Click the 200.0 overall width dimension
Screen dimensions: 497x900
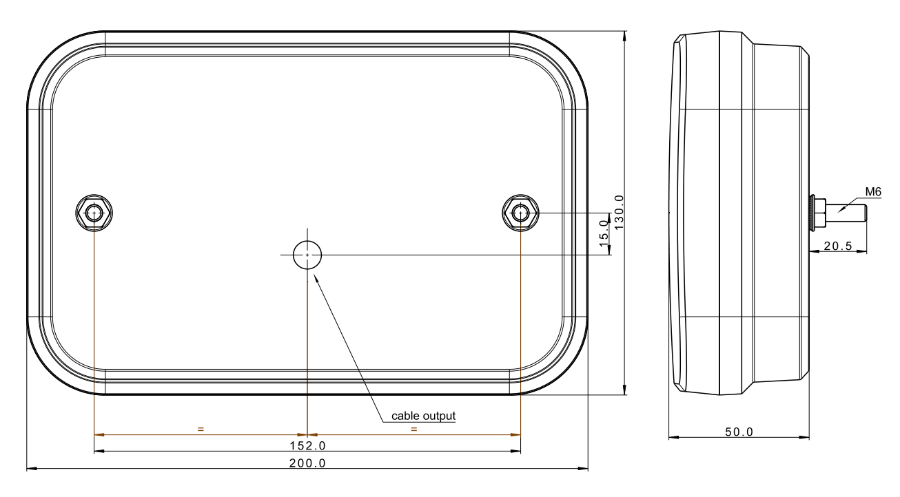point(307,463)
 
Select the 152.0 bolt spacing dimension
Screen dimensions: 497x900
point(307,445)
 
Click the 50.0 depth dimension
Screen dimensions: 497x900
point(739,432)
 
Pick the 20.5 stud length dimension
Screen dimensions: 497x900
point(838,245)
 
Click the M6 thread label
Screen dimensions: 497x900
point(873,192)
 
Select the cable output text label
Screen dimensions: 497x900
point(423,416)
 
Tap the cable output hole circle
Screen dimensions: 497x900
point(307,255)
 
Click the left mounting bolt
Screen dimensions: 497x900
point(94,213)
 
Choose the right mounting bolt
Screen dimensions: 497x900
point(520,213)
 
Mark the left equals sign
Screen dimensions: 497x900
point(201,429)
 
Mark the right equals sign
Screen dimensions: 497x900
point(414,429)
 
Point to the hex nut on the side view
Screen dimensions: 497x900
point(818,213)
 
